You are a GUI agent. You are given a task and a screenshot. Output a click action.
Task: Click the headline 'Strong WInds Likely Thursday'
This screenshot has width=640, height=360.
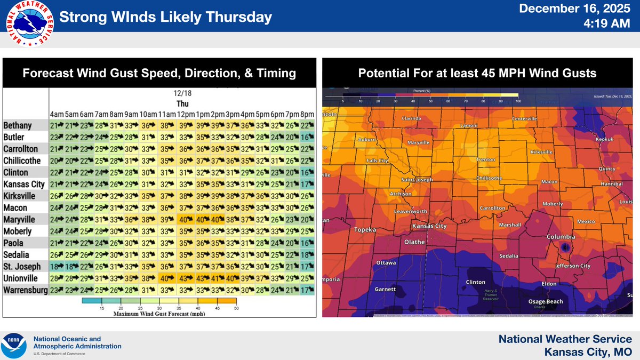[165, 18]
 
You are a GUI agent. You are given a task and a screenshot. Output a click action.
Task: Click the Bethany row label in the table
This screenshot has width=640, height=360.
[18, 126]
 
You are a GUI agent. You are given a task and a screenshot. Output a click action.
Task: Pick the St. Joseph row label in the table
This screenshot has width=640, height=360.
[19, 267]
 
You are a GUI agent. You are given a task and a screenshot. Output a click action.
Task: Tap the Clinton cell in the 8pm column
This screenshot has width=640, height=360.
[306, 173]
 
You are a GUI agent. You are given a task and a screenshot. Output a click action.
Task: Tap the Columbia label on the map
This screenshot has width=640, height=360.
[561, 236]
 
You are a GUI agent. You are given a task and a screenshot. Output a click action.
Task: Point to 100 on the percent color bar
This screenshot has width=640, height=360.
[517, 100]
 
